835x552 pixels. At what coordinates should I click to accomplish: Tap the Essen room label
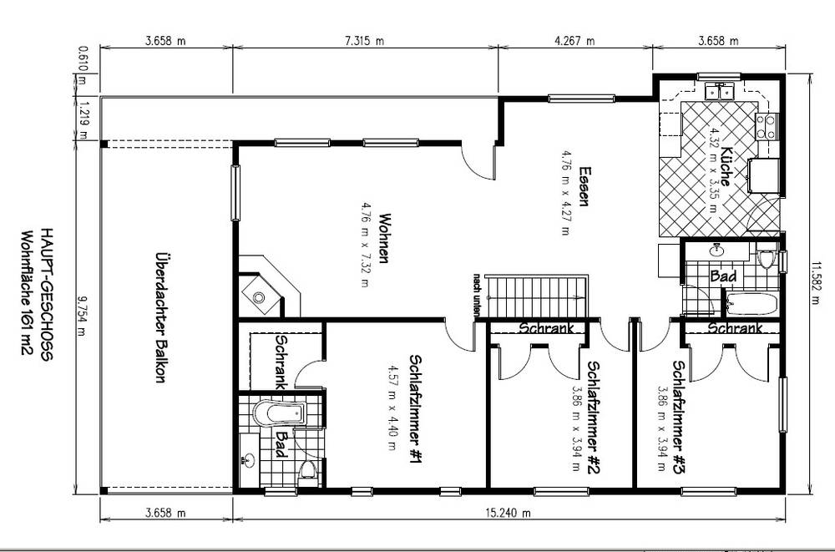tap(584, 186)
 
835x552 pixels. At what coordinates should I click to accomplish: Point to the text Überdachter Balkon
tap(161, 317)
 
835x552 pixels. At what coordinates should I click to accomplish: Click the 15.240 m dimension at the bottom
tap(508, 513)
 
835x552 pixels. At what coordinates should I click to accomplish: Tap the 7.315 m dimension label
tap(364, 40)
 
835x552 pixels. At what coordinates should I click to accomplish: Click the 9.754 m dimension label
tap(81, 316)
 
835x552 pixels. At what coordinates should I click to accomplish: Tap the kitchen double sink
tap(719, 91)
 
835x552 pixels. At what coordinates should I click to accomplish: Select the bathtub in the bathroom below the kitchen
tap(751, 303)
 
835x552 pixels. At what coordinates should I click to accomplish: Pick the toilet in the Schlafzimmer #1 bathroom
tap(307, 470)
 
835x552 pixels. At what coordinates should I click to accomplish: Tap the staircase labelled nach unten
tap(538, 296)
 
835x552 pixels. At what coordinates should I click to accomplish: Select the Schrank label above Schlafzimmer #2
tap(547, 327)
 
